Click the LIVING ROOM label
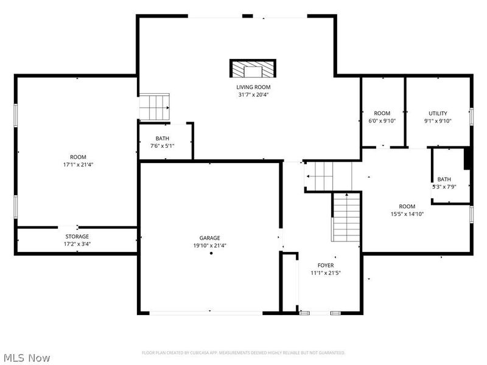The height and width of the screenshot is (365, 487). (253, 87)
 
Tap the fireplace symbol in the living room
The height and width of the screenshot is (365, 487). (253, 68)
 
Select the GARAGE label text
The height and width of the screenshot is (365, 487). (210, 238)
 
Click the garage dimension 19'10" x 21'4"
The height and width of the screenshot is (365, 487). (210, 246)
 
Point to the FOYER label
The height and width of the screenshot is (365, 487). (325, 266)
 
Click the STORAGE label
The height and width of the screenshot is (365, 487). (77, 236)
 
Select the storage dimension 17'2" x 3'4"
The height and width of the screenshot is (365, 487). (77, 244)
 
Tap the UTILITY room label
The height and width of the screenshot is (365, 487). (438, 113)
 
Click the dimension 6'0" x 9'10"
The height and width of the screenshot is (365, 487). (382, 121)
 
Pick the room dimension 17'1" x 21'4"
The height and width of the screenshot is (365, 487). (77, 164)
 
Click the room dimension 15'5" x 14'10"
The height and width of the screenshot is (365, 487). (407, 214)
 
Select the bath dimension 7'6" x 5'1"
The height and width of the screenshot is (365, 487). (163, 146)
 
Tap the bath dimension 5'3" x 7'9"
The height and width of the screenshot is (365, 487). (444, 187)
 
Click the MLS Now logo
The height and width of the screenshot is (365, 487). (27, 358)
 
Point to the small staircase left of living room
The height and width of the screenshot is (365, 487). (154, 107)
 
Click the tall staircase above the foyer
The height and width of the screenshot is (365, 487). (346, 216)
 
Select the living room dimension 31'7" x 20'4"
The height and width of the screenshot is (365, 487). (253, 95)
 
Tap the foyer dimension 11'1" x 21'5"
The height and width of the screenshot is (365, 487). (325, 274)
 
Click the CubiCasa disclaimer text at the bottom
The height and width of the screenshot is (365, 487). (243, 353)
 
